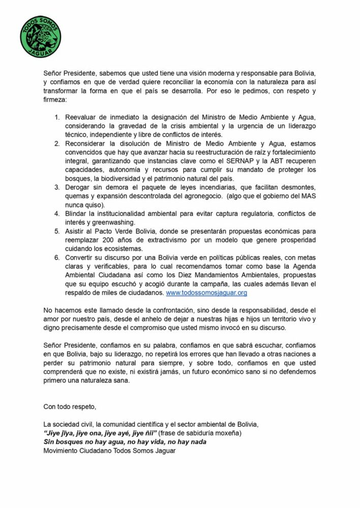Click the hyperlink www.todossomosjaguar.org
click(x=207, y=293)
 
